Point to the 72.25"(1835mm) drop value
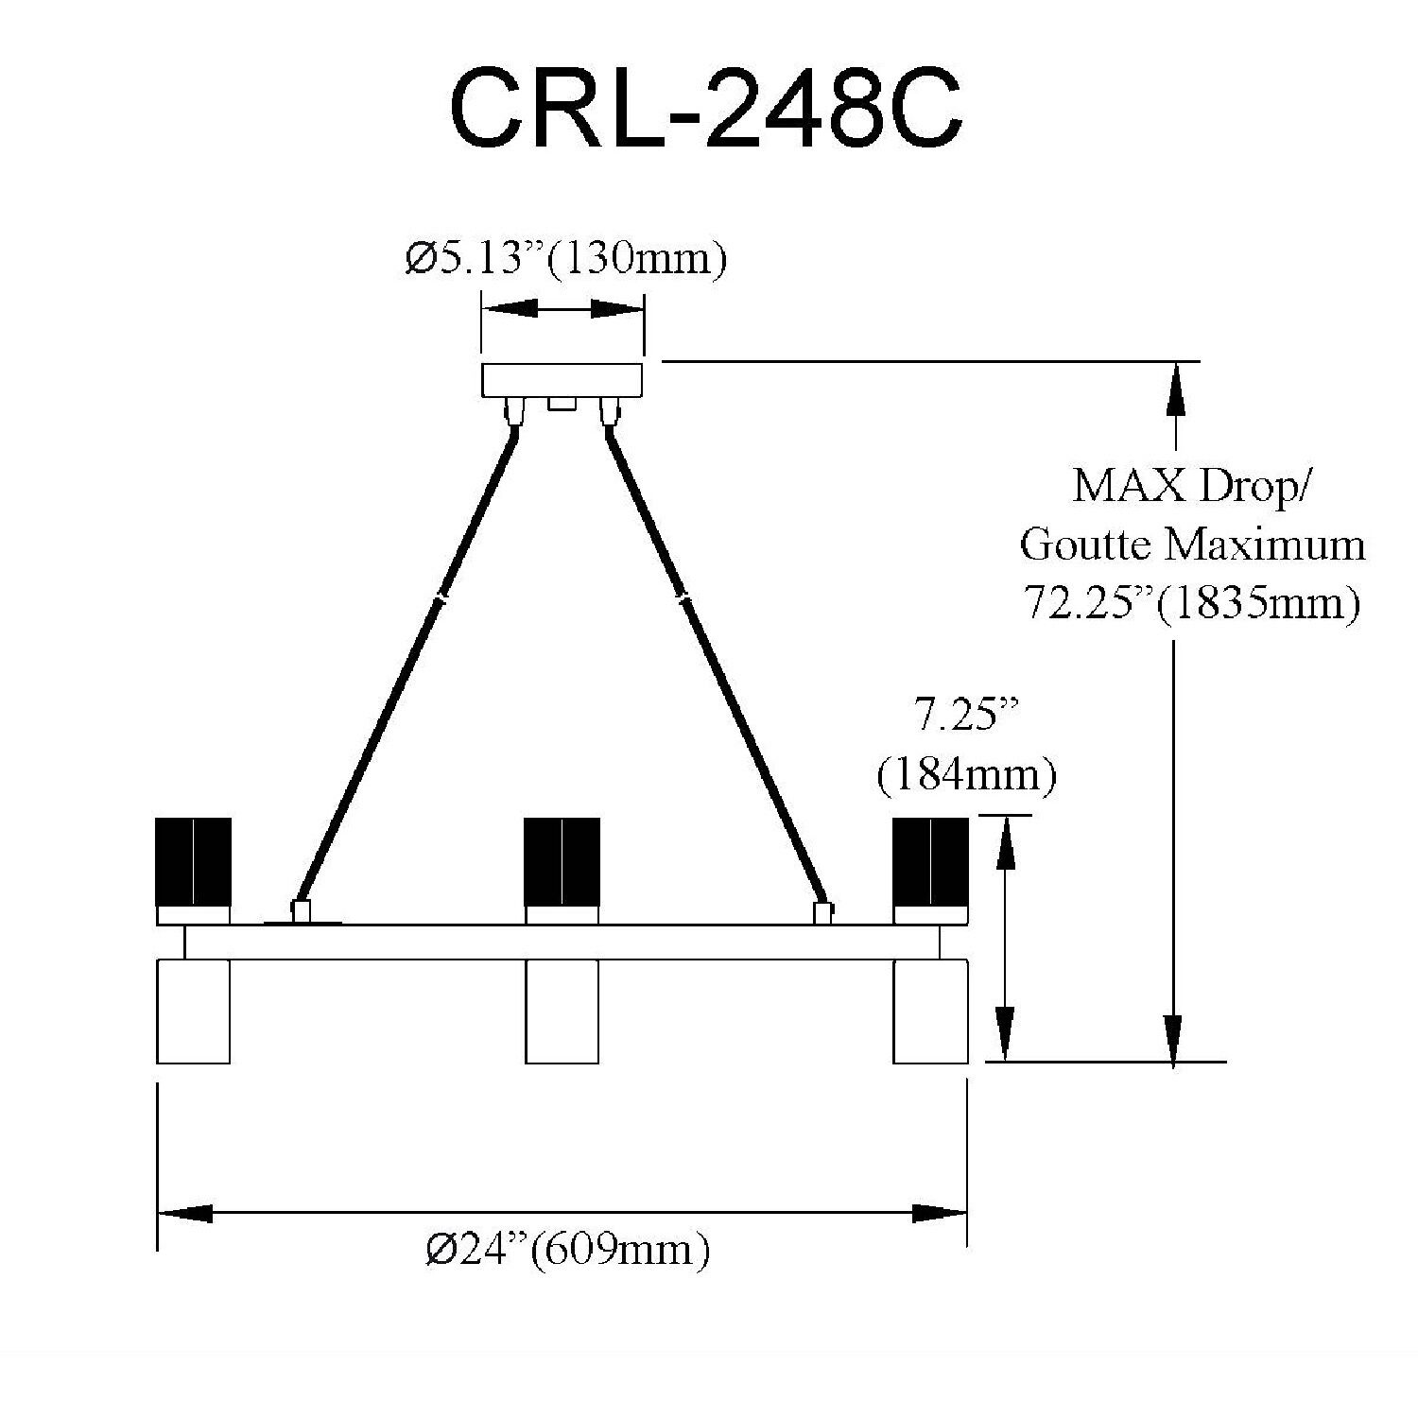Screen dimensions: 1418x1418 (1191, 601)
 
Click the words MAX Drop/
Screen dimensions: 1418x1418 (1193, 486)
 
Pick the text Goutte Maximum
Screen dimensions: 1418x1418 (1193, 545)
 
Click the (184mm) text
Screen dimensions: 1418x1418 (965, 777)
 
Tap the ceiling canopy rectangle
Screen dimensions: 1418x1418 (562, 381)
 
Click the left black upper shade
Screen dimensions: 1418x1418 (193, 859)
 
